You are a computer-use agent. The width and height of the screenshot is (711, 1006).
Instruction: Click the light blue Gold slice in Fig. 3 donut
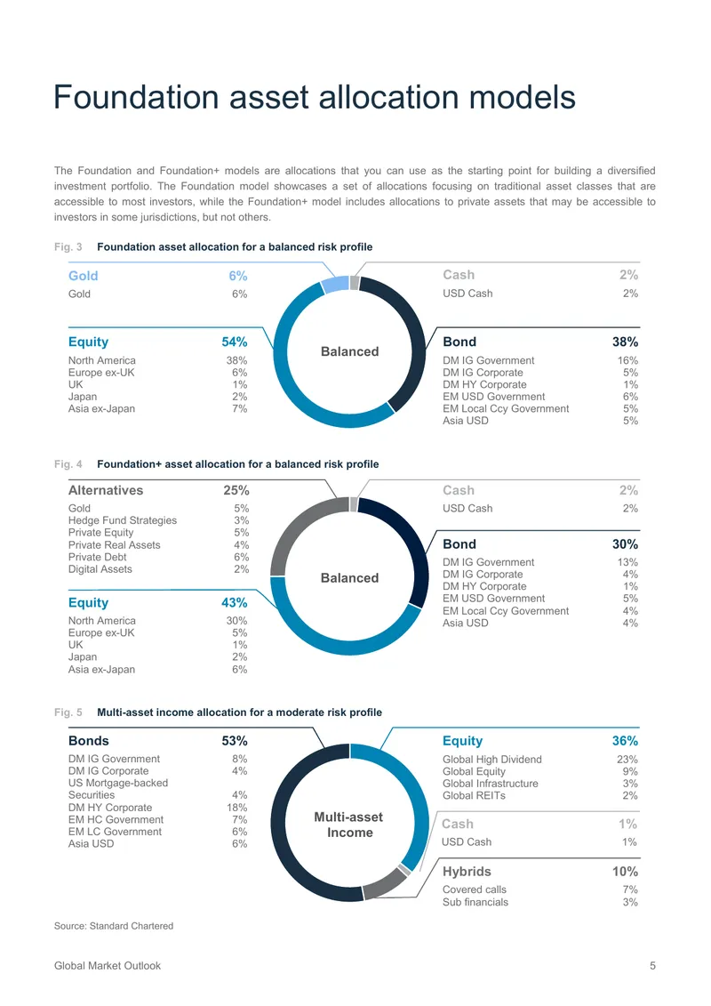pyautogui.click(x=335, y=285)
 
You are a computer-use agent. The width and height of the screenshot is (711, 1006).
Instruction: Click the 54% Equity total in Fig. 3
pyautogui.click(x=235, y=342)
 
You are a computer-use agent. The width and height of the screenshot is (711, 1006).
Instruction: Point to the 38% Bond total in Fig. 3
pyautogui.click(x=625, y=342)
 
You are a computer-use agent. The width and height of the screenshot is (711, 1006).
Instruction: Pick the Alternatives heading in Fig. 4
pyautogui.click(x=106, y=490)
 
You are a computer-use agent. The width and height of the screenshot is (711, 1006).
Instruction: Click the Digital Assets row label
pyautogui.click(x=100, y=569)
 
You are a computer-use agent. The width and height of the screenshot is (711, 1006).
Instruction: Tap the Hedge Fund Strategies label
pyautogui.click(x=123, y=520)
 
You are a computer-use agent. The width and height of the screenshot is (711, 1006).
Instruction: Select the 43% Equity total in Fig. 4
pyautogui.click(x=235, y=603)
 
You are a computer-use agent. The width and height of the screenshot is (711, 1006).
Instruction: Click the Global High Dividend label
pyautogui.click(x=491, y=760)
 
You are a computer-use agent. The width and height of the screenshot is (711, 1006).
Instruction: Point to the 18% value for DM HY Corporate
pyautogui.click(x=237, y=808)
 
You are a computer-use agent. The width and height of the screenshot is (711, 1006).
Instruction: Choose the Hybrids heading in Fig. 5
pyautogui.click(x=467, y=872)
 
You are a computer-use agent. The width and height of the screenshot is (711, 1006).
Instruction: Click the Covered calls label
pyautogui.click(x=475, y=889)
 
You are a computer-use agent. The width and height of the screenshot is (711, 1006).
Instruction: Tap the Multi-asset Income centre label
pyautogui.click(x=349, y=825)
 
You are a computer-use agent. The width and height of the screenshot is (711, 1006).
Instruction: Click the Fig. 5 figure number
pyautogui.click(x=68, y=712)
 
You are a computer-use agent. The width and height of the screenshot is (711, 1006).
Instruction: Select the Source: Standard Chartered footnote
pyautogui.click(x=114, y=926)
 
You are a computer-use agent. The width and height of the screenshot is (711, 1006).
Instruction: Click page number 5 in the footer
pyautogui.click(x=652, y=966)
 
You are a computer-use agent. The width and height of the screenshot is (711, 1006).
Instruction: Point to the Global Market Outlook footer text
pyautogui.click(x=107, y=966)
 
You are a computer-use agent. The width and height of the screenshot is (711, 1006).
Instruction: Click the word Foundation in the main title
pyautogui.click(x=137, y=98)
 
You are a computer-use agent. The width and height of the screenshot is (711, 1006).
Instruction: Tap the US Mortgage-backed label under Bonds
pyautogui.click(x=118, y=784)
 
